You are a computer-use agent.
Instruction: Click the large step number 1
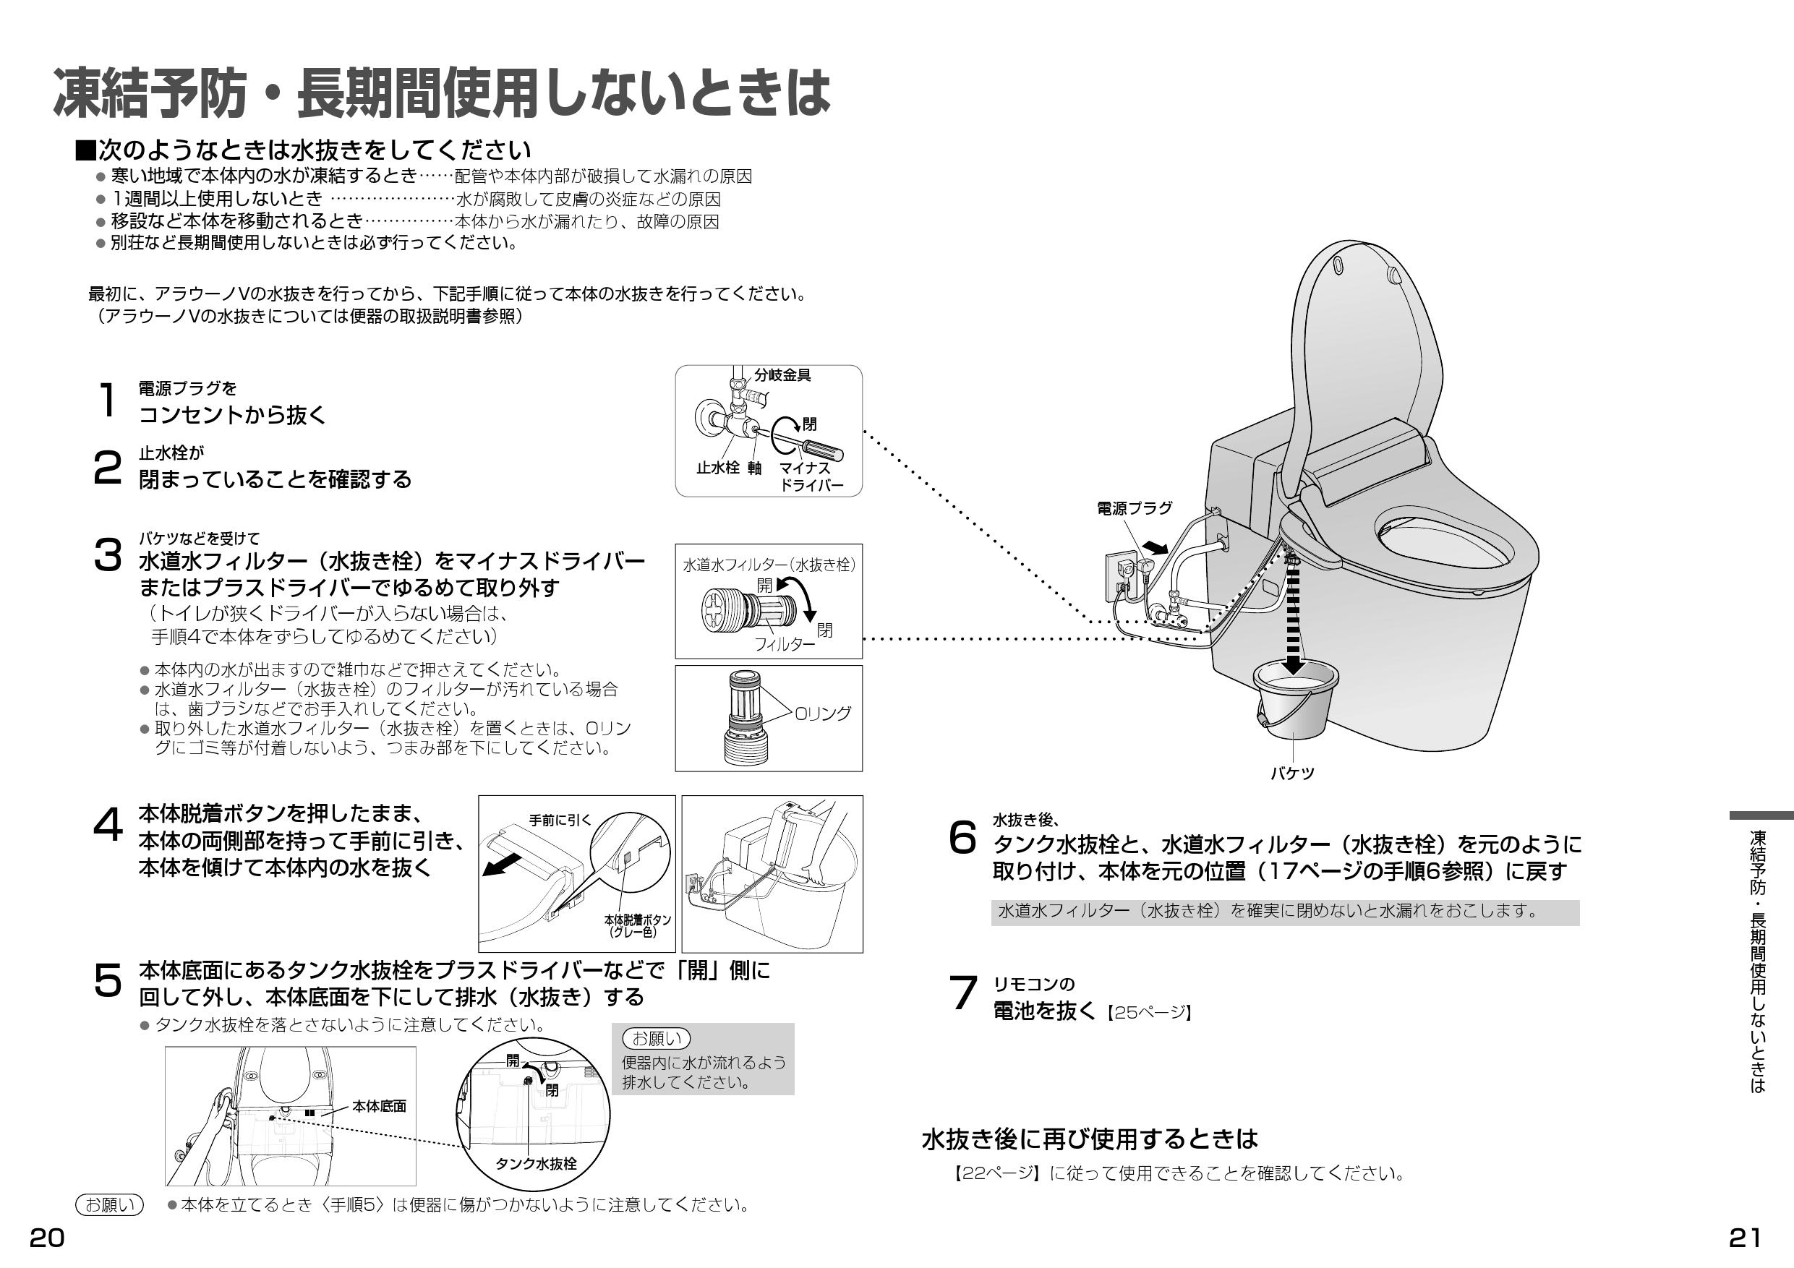tap(107, 400)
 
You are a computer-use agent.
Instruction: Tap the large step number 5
tap(107, 981)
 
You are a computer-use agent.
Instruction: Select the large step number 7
tap(962, 995)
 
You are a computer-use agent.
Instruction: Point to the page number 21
tap(1744, 1238)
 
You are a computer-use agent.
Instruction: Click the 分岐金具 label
tap(782, 375)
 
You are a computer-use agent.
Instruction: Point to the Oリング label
tap(822, 714)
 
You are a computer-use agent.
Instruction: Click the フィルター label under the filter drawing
tap(784, 645)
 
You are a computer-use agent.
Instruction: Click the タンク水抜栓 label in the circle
tap(536, 1163)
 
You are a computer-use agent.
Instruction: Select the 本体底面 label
tap(379, 1106)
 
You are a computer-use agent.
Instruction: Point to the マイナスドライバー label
tap(811, 476)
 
